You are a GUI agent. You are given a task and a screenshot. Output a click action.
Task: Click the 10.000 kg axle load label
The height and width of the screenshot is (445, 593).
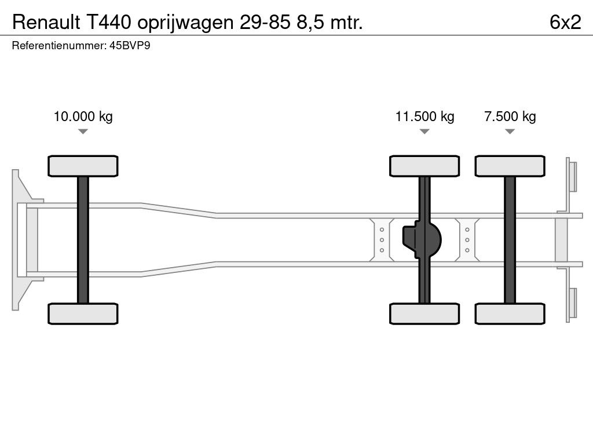[83, 116]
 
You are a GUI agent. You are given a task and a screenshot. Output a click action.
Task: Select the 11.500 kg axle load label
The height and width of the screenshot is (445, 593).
[424, 116]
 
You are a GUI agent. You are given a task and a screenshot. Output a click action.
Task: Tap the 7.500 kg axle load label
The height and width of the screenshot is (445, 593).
[510, 116]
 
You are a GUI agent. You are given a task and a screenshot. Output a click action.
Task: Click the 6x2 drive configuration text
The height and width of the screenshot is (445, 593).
[565, 23]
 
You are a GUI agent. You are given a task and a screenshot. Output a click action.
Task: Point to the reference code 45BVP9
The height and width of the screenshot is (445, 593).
[130, 46]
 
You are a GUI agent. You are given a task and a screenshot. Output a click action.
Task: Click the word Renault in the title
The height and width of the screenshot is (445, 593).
[46, 23]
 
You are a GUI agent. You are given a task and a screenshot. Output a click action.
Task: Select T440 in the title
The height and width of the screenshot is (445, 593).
[109, 23]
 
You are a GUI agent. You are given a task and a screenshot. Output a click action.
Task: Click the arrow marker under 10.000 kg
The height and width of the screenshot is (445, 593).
[83, 132]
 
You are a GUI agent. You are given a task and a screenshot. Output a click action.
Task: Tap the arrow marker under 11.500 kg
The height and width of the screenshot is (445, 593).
[424, 132]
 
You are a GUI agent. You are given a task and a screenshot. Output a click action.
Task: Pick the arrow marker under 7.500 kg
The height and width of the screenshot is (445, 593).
[510, 132]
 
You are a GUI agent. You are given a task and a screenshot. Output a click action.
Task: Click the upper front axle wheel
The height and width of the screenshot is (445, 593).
[83, 166]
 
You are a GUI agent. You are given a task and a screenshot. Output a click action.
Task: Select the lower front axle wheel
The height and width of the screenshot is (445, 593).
[83, 313]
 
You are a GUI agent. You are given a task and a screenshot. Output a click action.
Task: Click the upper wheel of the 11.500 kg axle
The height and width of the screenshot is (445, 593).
[424, 166]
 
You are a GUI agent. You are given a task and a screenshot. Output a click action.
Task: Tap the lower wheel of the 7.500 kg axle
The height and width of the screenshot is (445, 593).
[510, 313]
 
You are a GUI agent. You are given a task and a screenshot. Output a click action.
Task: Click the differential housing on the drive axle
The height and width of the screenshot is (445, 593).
[422, 240]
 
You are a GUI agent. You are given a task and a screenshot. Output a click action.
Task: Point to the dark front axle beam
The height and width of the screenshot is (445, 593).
[83, 240]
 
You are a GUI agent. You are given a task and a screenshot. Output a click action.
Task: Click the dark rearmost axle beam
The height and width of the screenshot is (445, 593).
[510, 240]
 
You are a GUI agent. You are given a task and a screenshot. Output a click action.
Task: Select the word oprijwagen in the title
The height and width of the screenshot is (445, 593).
[186, 23]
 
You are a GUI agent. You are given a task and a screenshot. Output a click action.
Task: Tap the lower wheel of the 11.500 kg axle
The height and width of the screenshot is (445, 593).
[424, 313]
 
